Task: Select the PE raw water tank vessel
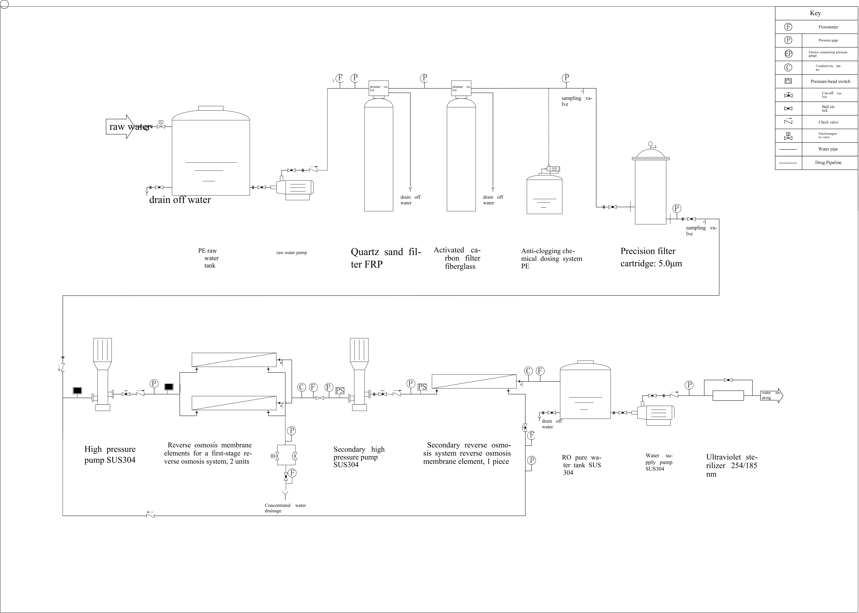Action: [211, 155]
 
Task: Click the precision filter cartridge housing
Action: [650, 191]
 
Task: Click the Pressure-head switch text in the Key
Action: [830, 81]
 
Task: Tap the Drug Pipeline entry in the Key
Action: [828, 163]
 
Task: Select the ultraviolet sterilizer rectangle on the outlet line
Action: [728, 396]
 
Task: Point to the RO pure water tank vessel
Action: [585, 393]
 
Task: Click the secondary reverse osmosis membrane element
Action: [474, 381]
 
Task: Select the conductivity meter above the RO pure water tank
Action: [528, 371]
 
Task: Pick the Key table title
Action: [815, 13]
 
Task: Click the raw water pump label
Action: [292, 252]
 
